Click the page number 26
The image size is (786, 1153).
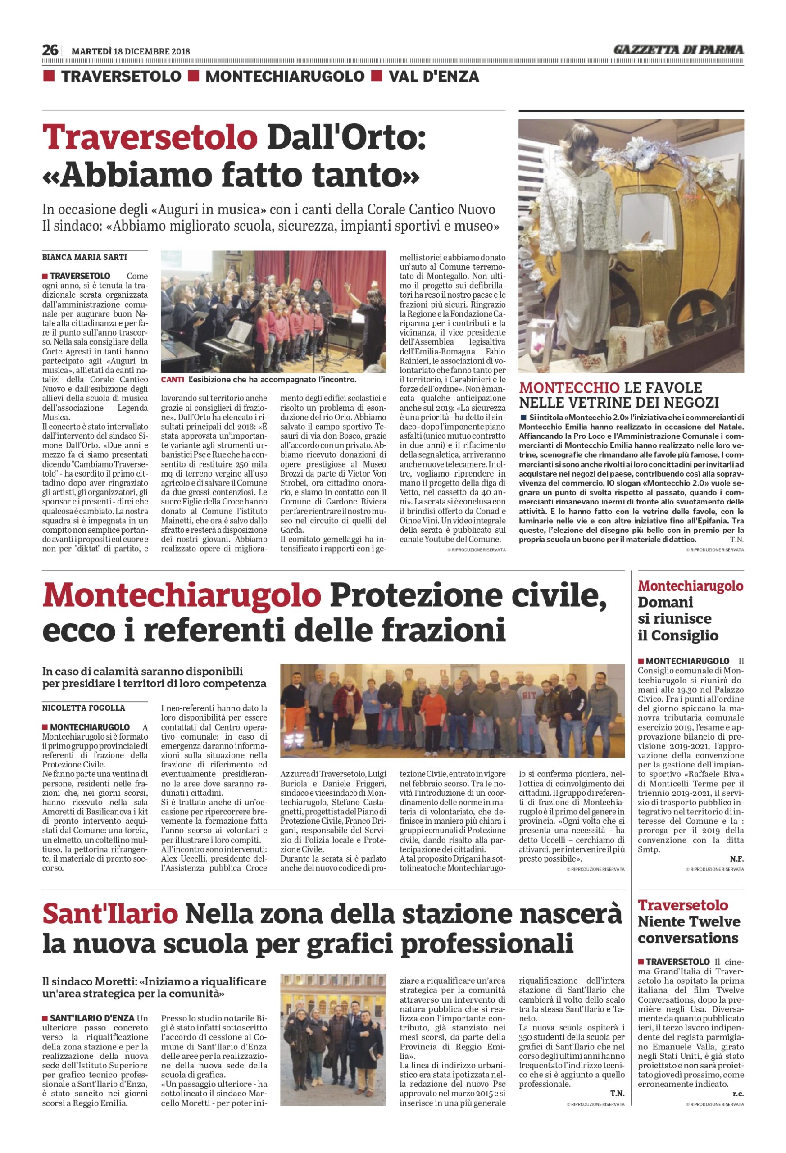50,50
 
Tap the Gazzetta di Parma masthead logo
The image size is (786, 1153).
678,50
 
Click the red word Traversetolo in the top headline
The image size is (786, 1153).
150,138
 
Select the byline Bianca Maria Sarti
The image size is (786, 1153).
84,257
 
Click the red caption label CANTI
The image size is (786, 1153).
172,380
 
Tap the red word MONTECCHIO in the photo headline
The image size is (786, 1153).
569,387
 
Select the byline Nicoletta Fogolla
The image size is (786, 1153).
83,708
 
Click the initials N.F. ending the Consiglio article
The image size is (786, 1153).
736,859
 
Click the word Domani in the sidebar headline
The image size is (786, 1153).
665,602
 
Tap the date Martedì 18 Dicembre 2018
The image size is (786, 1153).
131,51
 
